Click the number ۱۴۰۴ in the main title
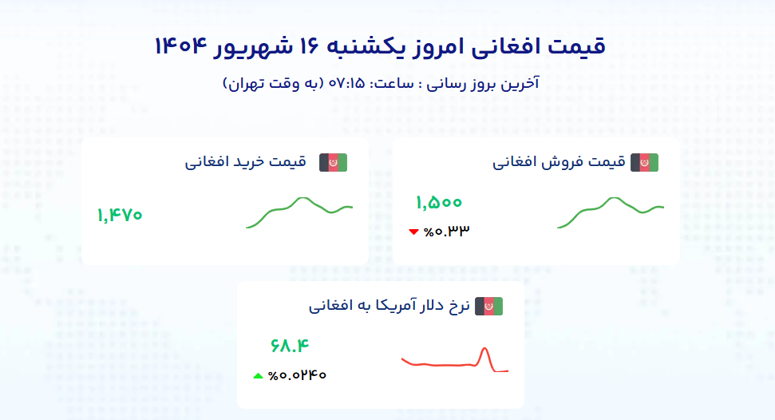tap(180, 46)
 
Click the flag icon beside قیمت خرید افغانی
tap(333, 163)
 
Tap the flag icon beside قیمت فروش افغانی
tap(645, 163)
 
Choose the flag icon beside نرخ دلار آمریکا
tap(488, 307)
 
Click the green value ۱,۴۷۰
tap(120, 216)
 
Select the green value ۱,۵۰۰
tap(439, 202)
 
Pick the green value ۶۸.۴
tap(290, 345)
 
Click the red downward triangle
tap(413, 232)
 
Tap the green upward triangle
tap(258, 376)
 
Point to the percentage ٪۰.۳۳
tap(446, 231)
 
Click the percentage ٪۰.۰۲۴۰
tap(297, 375)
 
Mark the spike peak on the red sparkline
tap(484, 348)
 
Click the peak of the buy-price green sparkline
tap(302, 198)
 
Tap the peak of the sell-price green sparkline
tap(614, 198)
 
